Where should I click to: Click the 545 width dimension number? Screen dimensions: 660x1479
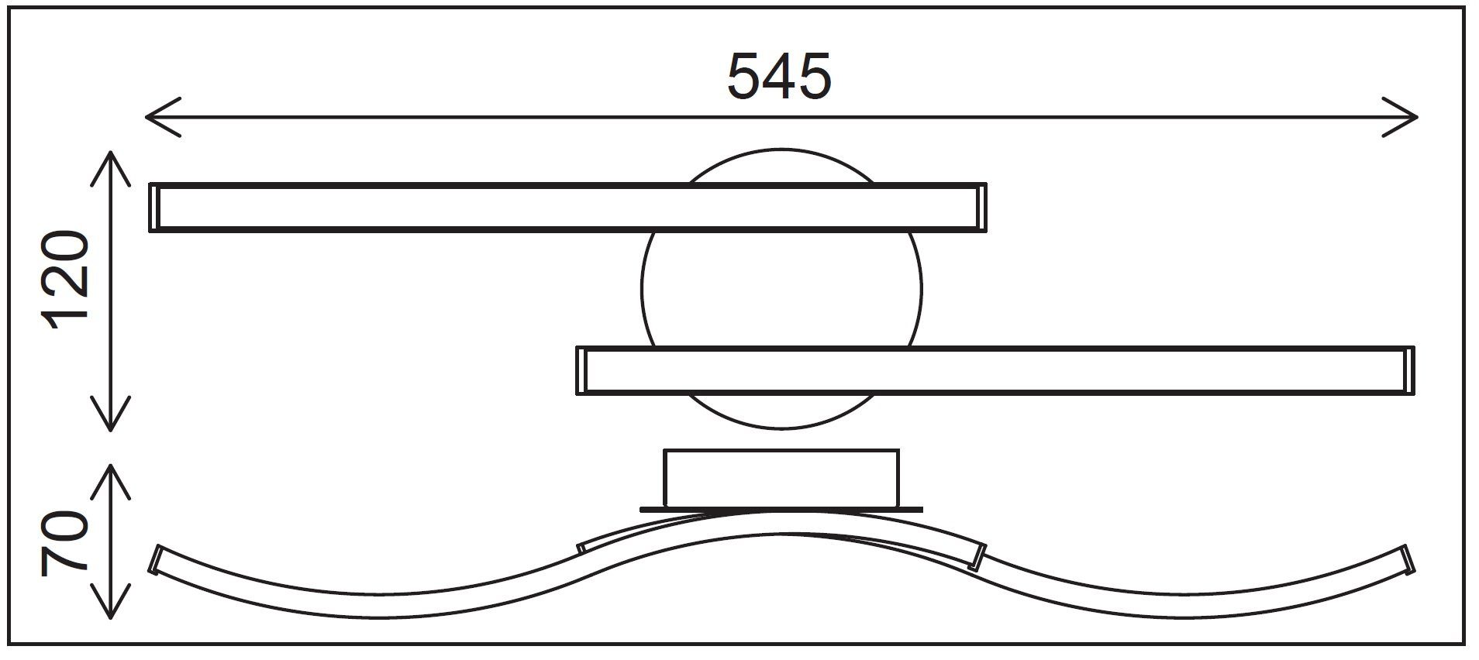tap(779, 77)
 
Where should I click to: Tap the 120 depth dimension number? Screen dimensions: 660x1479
tap(68, 280)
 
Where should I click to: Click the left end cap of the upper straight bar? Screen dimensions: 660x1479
tap(154, 208)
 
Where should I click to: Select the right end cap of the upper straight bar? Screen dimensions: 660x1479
tap(982, 208)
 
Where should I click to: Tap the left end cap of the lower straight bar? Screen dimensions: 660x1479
tap(581, 370)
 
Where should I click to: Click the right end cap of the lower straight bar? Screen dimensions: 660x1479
tap(1410, 370)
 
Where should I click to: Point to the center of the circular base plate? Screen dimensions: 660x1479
tap(782, 289)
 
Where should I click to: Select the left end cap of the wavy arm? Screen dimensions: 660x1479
tap(157, 559)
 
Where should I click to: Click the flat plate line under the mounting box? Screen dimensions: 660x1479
tap(782, 510)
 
